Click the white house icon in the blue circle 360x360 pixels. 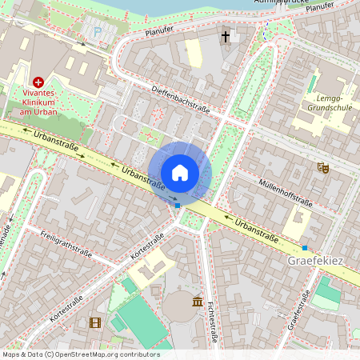[x=180, y=172]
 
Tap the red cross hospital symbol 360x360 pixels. [x=38, y=82]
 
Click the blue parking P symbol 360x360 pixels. [x=98, y=33]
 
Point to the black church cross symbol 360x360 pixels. [x=226, y=36]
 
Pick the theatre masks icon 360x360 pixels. [x=323, y=167]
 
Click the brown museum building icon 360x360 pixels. [x=198, y=301]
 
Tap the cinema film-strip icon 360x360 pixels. [x=96, y=322]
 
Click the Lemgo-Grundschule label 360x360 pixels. [x=330, y=102]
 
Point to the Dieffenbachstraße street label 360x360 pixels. [x=180, y=101]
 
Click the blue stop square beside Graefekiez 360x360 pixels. [x=304, y=248]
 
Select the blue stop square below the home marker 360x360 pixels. [x=178, y=205]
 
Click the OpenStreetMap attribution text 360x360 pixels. [x=81, y=354]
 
